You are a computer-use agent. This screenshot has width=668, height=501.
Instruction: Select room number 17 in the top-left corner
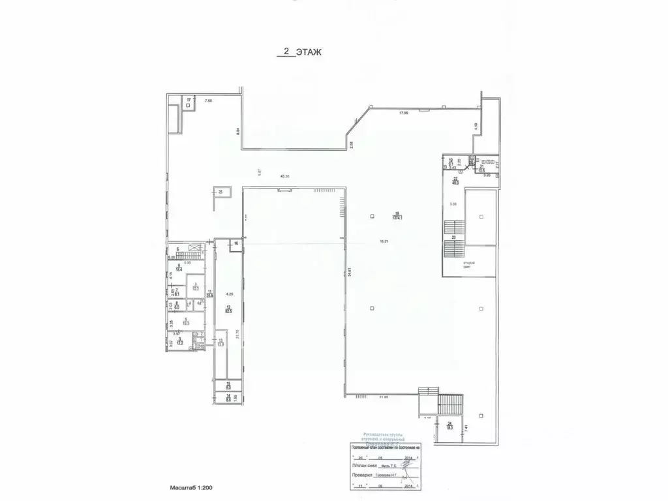189,100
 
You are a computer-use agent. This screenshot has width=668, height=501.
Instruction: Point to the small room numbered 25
220,192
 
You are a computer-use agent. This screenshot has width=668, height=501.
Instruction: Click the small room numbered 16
236,243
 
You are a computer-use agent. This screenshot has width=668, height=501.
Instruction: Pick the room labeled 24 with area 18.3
449,426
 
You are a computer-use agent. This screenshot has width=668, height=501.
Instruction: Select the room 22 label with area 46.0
456,181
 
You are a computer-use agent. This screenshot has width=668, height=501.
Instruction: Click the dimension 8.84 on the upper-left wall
238,130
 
